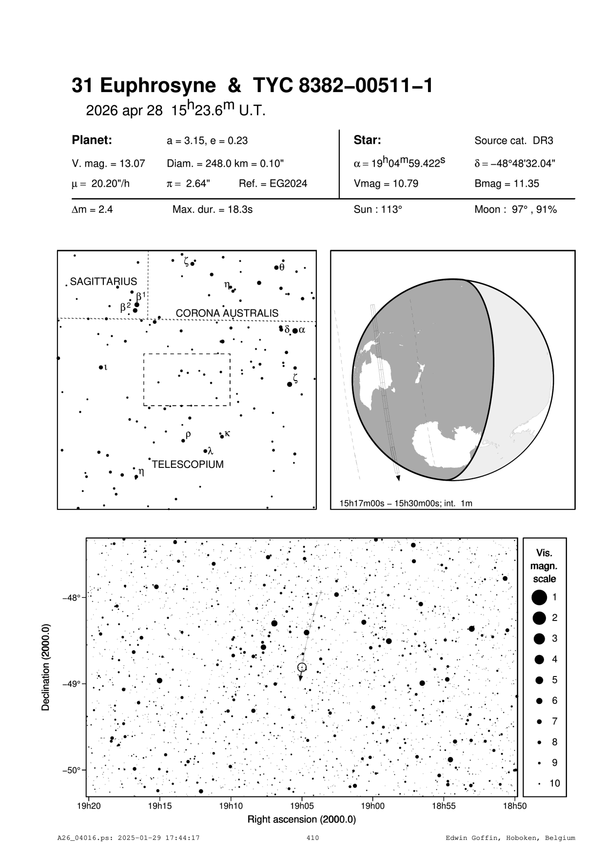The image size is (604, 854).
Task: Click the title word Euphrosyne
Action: click(x=157, y=86)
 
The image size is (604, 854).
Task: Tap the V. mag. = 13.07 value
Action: click(x=108, y=163)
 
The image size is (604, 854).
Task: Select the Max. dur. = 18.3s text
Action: click(x=212, y=210)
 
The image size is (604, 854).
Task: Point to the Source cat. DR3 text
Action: click(x=514, y=141)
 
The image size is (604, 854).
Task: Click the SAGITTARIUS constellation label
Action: click(x=103, y=282)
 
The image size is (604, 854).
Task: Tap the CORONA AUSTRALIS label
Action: click(x=227, y=313)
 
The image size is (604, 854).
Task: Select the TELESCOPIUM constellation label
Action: click(x=188, y=465)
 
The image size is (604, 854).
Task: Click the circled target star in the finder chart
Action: click(x=302, y=667)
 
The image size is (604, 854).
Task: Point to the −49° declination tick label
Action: click(x=71, y=684)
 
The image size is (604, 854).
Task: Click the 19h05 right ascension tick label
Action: click(x=302, y=806)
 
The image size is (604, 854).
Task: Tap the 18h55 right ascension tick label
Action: click(x=444, y=806)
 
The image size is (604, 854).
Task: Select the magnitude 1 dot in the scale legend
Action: click(x=539, y=597)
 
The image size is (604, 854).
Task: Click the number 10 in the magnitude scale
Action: click(x=555, y=783)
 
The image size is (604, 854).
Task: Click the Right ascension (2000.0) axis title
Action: click(x=301, y=819)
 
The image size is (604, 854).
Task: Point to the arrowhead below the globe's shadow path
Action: click(x=398, y=478)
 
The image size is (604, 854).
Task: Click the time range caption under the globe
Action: click(x=406, y=503)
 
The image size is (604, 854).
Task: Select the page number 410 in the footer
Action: click(x=312, y=838)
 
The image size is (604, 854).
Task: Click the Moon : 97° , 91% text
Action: click(x=515, y=210)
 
